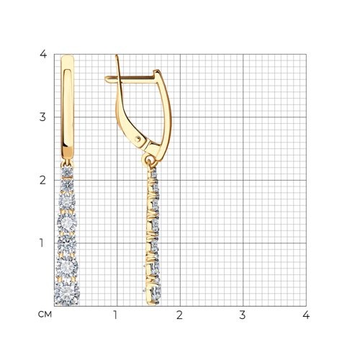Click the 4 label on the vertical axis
pyautogui.click(x=43, y=54)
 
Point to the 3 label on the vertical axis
pyautogui.click(x=42, y=117)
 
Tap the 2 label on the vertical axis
pyautogui.click(x=42, y=180)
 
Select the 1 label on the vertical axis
pyautogui.click(x=42, y=243)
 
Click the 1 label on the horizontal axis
pyautogui.click(x=116, y=315)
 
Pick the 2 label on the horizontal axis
pyautogui.click(x=179, y=315)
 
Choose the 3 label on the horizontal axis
pyautogui.click(x=243, y=315)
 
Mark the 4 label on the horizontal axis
pyautogui.click(x=306, y=315)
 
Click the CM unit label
pyautogui.click(x=45, y=315)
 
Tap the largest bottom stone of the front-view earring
pyautogui.click(x=67, y=293)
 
